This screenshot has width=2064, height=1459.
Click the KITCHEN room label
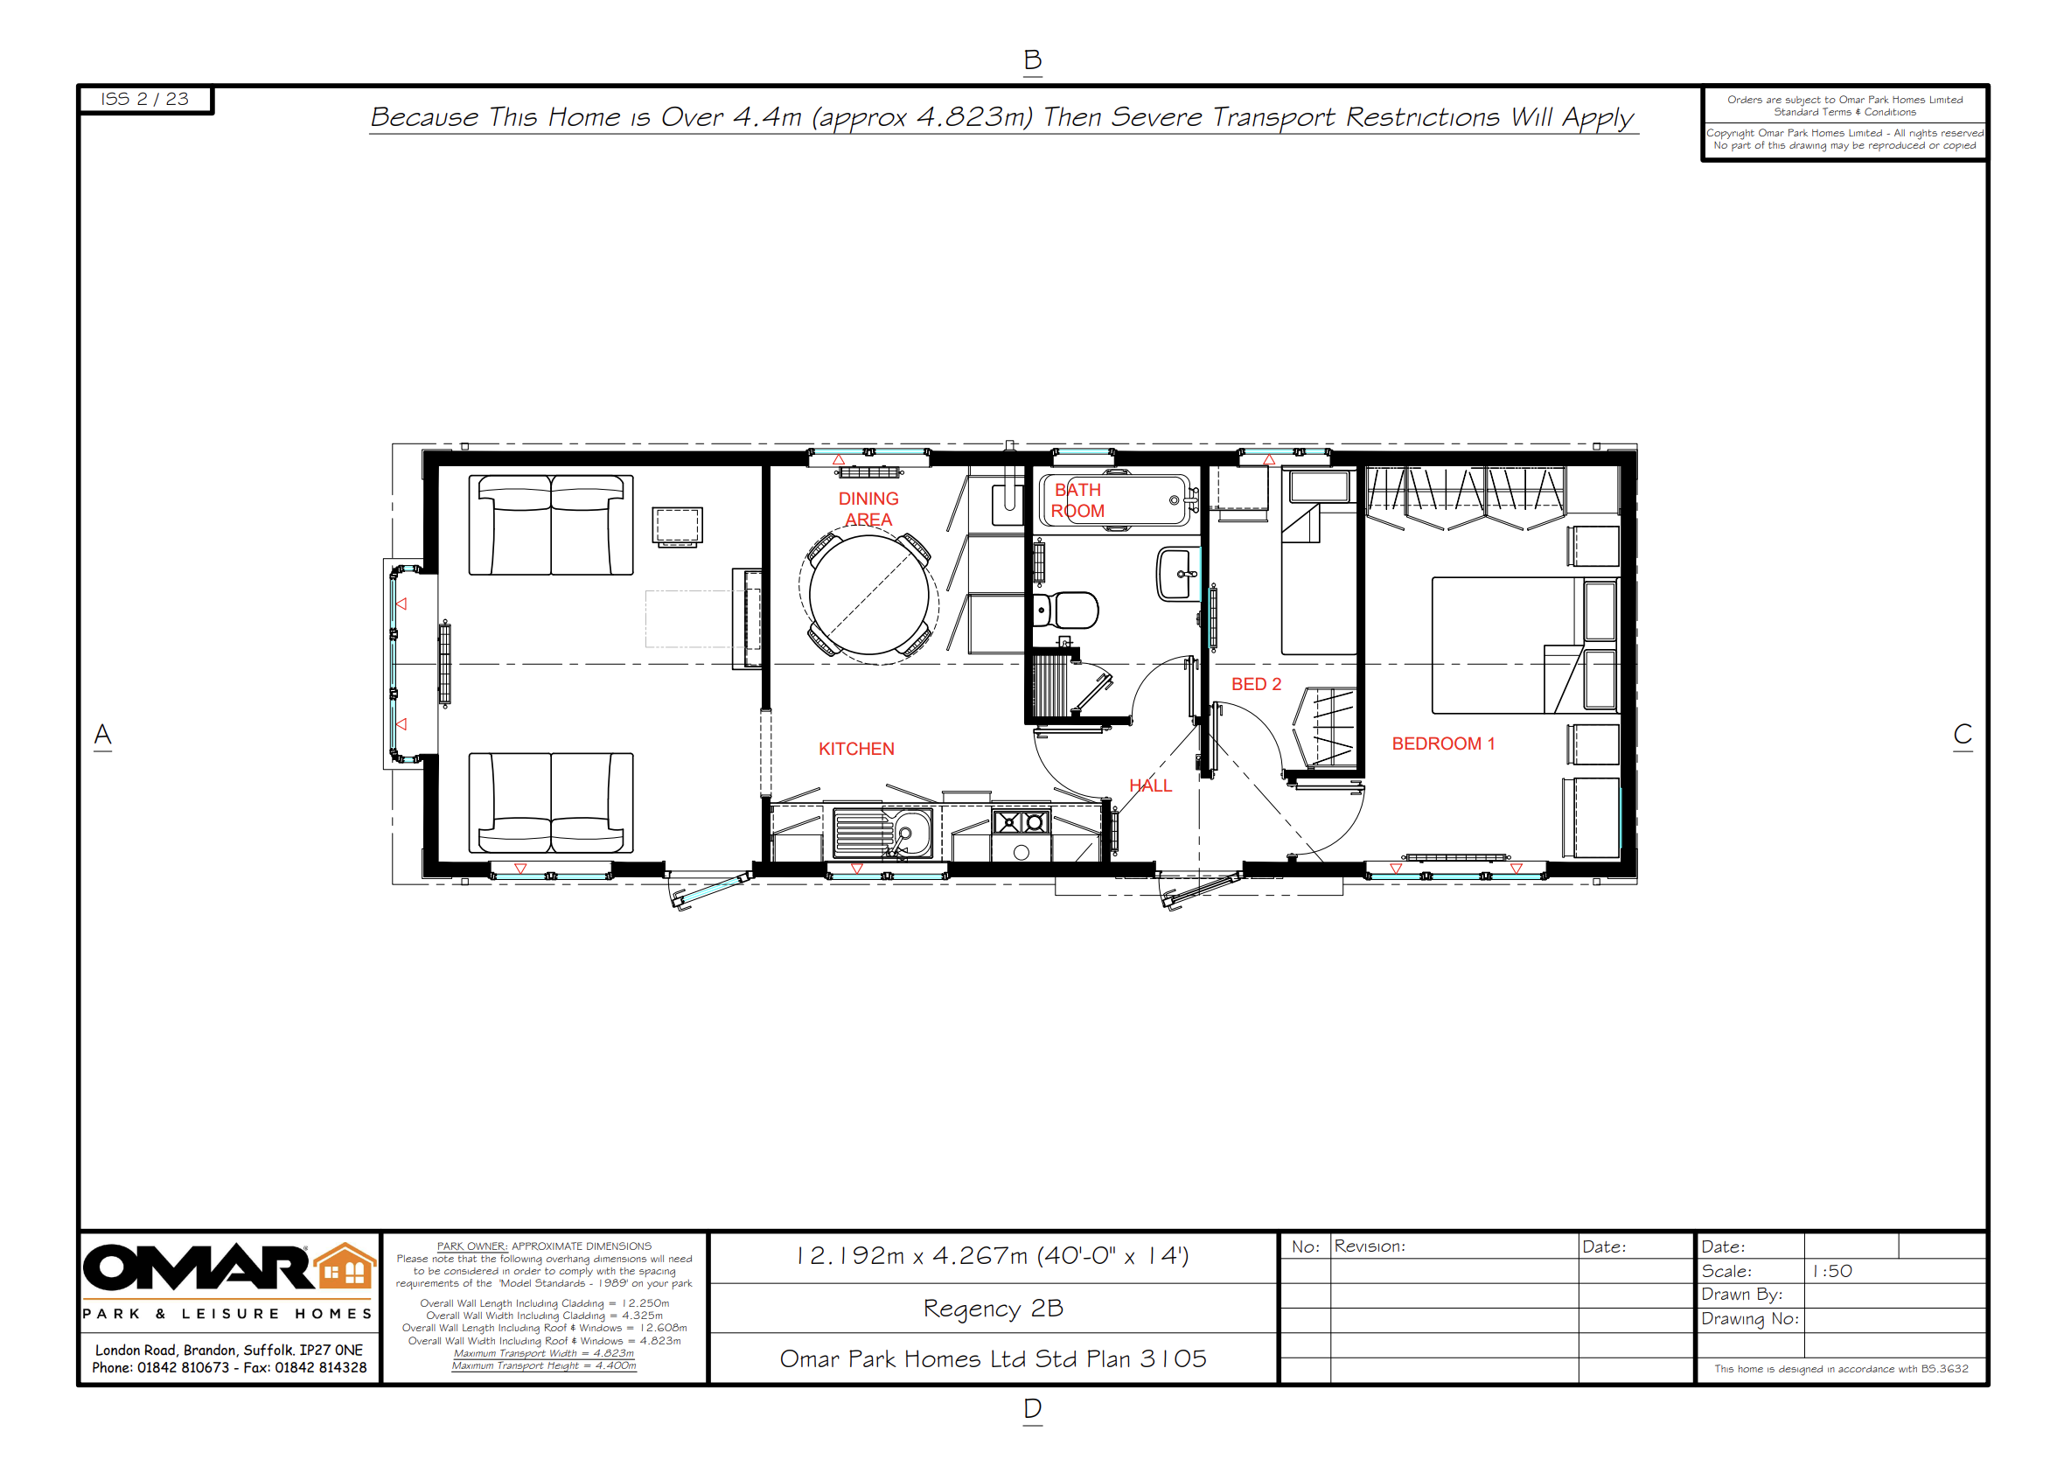(x=856, y=749)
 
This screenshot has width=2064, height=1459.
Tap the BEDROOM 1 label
(x=1443, y=743)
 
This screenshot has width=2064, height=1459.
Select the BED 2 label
(x=1256, y=684)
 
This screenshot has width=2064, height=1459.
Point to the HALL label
(x=1150, y=785)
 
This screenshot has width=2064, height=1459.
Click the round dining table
(x=868, y=595)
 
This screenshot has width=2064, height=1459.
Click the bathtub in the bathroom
(x=1115, y=500)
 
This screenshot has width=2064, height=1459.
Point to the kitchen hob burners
(x=1022, y=821)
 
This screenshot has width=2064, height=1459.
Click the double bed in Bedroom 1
(x=1510, y=646)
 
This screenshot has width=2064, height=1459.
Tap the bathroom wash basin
(x=1176, y=575)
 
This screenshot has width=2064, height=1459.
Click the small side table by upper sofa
(x=677, y=526)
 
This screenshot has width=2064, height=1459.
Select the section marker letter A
(x=102, y=735)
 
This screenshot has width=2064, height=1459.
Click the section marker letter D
(x=1032, y=1407)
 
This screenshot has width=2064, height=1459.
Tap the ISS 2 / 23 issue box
(x=144, y=99)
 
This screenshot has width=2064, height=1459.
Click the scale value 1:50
(x=1831, y=1270)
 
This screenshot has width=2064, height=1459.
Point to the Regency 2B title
(x=993, y=1308)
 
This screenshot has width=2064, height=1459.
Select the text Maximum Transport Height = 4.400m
(x=543, y=1365)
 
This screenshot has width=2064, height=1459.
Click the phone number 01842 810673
(x=183, y=1367)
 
